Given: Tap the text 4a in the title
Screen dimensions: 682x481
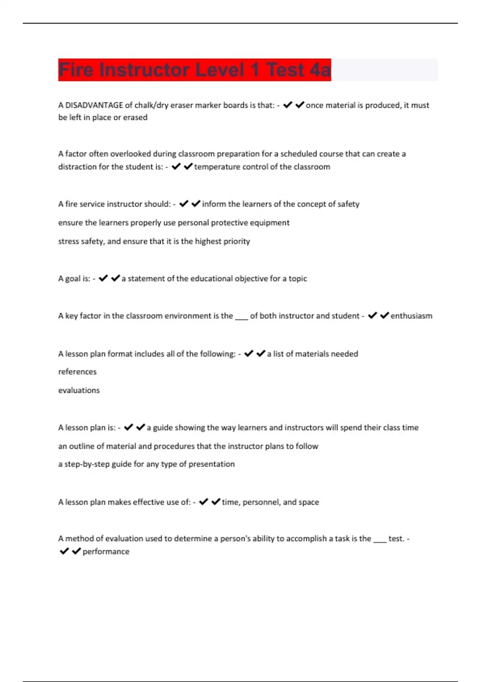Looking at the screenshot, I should point(320,70).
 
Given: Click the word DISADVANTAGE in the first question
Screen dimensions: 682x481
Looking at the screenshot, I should point(94,105).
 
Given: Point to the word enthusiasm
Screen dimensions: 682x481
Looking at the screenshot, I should point(411,316).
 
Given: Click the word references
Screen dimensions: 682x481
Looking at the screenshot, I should point(77,372).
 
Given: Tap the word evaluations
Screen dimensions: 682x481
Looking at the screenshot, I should point(79,390).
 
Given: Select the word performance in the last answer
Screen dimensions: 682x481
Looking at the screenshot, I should point(106,552).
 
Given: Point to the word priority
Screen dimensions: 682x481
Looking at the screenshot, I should point(236,242).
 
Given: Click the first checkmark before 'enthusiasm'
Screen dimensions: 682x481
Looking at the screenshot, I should point(372,316).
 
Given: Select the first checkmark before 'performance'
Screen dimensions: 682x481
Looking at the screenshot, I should point(64,551).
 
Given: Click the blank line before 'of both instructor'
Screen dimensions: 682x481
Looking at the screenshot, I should point(241,318).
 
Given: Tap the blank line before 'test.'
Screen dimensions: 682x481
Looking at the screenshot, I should point(380,540).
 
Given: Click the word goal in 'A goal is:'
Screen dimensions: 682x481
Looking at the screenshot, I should point(72,279).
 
